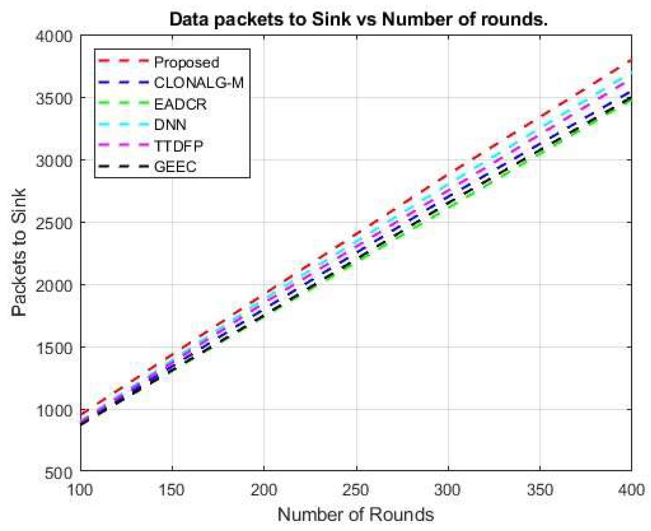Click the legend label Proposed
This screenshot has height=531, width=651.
pyautogui.click(x=186, y=62)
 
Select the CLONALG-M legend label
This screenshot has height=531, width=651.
pyautogui.click(x=199, y=83)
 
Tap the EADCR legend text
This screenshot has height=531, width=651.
pyautogui.click(x=180, y=104)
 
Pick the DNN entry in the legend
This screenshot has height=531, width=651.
pyautogui.click(x=170, y=125)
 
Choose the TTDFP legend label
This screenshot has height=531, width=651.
pyautogui.click(x=178, y=146)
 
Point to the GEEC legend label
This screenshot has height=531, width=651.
pyautogui.click(x=175, y=167)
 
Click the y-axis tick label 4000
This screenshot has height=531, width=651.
pyautogui.click(x=54, y=37)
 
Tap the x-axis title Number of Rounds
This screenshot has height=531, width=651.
pyautogui.click(x=355, y=515)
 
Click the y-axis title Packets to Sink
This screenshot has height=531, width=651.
pyautogui.click(x=19, y=252)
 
